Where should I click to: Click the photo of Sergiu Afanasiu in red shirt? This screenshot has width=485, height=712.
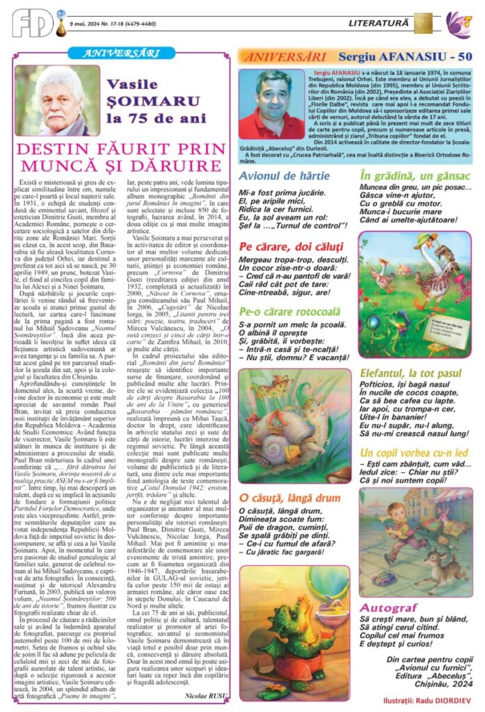tap(271, 103)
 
